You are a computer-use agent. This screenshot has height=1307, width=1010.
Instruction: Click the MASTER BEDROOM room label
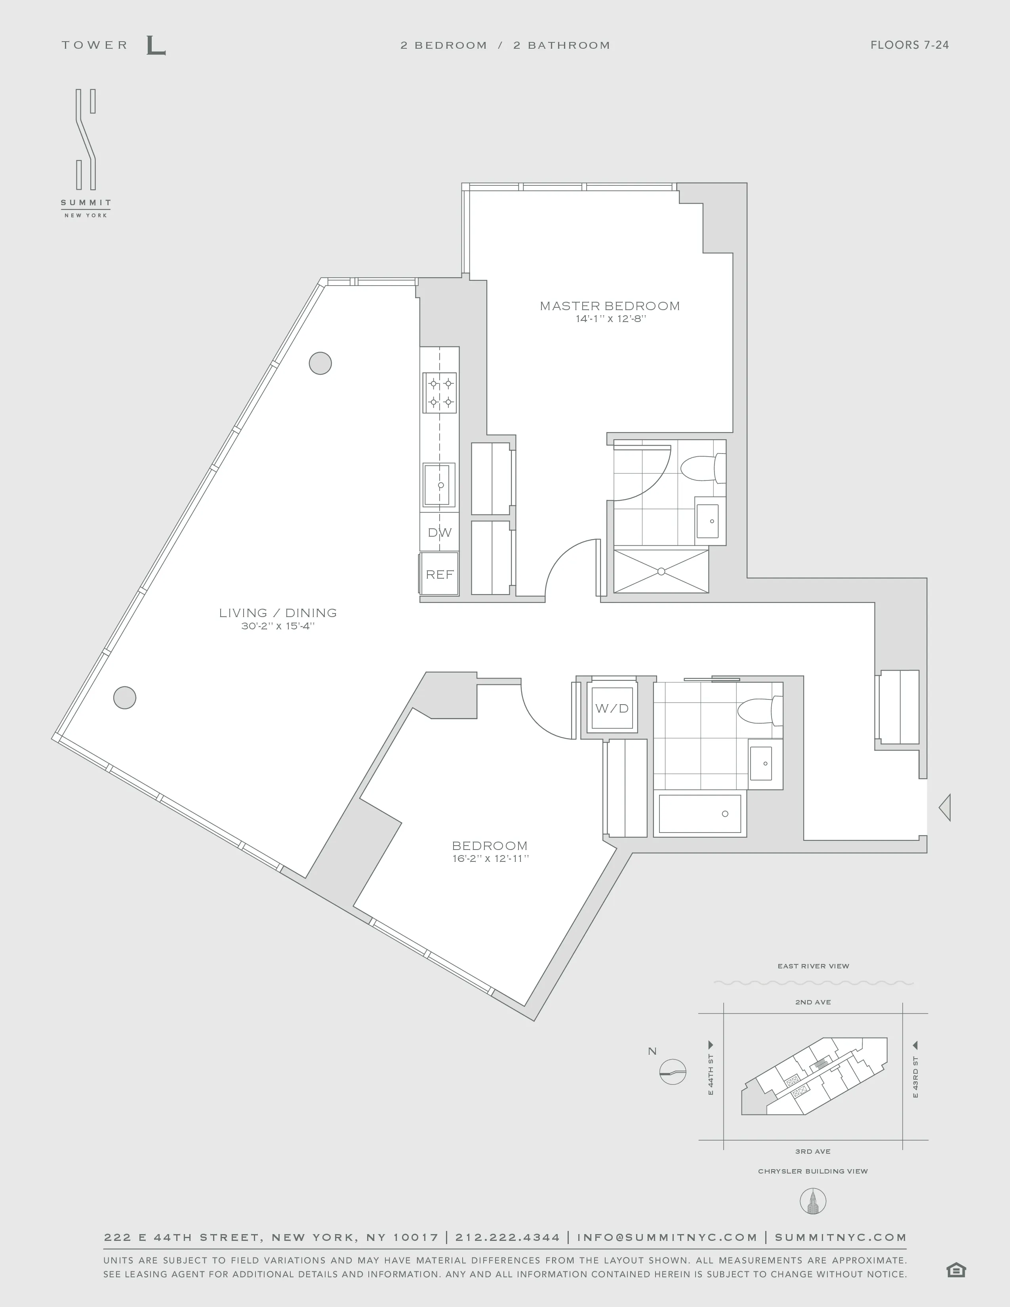pos(610,306)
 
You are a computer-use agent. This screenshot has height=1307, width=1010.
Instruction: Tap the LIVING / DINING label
pos(278,613)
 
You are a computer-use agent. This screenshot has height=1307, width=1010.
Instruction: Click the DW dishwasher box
pos(439,532)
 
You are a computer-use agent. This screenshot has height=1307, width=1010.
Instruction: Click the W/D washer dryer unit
pos(612,709)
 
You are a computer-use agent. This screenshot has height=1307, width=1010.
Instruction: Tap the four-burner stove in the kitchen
pos(440,392)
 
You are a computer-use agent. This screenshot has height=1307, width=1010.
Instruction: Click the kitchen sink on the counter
pos(438,485)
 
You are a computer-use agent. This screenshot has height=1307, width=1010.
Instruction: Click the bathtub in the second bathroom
pos(699,814)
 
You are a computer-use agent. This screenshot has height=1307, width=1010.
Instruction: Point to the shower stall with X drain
pos(661,572)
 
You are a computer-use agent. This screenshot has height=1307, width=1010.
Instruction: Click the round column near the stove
pos(320,363)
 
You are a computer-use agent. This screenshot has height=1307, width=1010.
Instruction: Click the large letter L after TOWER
pos(156,46)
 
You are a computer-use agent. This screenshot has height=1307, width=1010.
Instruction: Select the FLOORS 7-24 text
pos(909,45)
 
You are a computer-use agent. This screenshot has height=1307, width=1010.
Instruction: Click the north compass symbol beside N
pos(673,1072)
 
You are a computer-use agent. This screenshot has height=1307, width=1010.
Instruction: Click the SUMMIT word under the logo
pos(86,203)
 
